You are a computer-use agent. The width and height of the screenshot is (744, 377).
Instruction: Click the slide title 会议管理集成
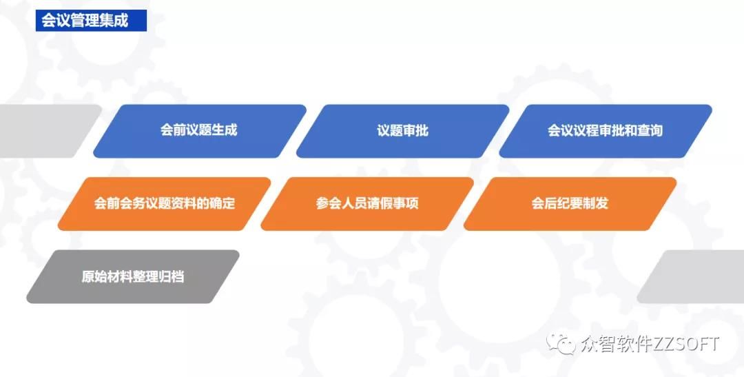(x=85, y=21)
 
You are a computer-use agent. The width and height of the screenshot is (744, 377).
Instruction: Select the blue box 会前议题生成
(x=199, y=130)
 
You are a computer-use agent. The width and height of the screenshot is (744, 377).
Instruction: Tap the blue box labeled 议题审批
(x=402, y=130)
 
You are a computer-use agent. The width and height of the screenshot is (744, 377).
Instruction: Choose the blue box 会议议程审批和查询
(x=605, y=130)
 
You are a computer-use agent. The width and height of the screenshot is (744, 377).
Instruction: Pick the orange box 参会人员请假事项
(x=367, y=203)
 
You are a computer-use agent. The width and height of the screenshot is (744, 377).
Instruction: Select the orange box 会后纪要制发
(x=570, y=203)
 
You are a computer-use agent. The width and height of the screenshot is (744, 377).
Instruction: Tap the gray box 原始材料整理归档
(x=133, y=277)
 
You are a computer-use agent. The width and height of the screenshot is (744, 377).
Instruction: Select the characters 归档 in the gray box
(x=172, y=277)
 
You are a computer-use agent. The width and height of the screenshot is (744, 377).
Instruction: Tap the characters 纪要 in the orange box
(x=570, y=203)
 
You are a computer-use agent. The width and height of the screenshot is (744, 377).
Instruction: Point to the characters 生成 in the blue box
(x=225, y=130)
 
